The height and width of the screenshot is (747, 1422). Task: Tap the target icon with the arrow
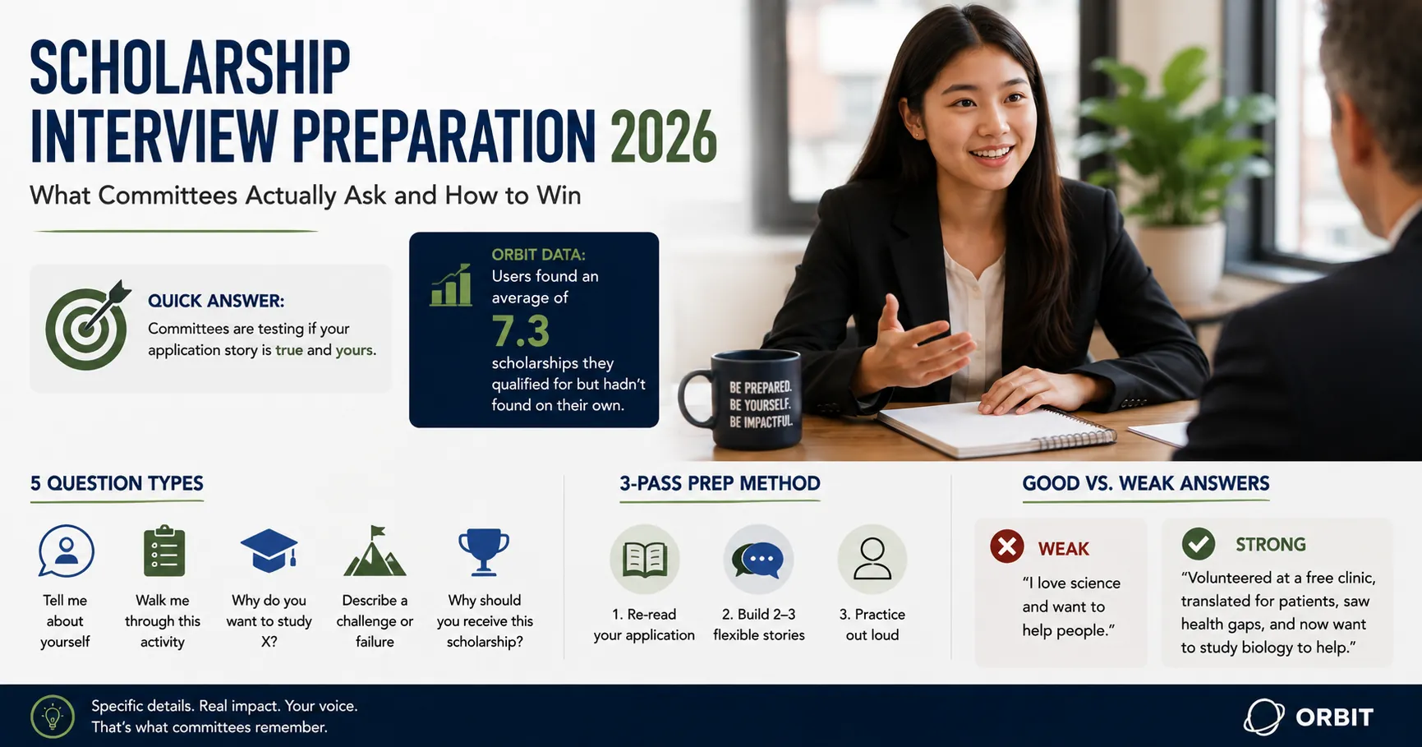coord(88,326)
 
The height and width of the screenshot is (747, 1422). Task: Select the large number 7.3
coord(521,331)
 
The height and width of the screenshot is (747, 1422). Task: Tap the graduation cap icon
coord(269,550)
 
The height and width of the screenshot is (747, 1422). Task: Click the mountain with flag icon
coord(375,551)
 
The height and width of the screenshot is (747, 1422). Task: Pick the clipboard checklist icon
coord(164,551)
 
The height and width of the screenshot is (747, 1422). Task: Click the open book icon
coord(645,559)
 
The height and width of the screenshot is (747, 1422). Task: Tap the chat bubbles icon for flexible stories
coord(758,559)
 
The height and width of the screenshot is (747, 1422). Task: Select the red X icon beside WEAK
coord(1007,546)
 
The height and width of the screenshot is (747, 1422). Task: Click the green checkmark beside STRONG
coord(1199,543)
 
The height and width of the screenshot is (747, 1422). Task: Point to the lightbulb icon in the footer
coord(53,716)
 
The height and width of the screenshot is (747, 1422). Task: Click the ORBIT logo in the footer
coord(1309,717)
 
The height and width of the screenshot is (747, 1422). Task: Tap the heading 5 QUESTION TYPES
coord(117,483)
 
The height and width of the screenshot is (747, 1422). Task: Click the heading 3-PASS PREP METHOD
coord(720,483)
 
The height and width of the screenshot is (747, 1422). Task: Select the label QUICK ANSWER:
coord(216,301)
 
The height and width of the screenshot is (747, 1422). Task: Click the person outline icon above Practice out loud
coord(872,559)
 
